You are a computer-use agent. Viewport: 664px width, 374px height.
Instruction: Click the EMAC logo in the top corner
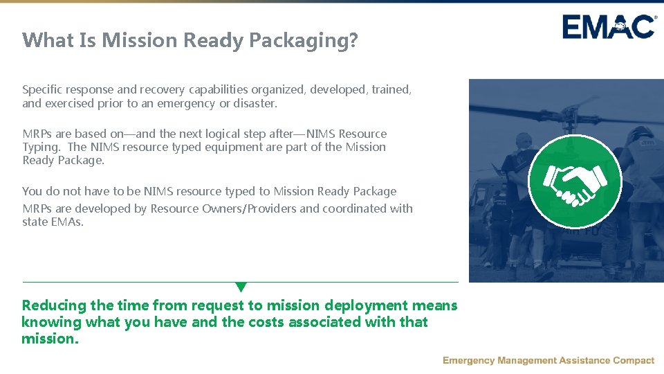609,27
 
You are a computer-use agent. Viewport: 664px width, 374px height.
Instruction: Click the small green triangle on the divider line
241,287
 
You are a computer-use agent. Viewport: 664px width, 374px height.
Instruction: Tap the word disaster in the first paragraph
255,103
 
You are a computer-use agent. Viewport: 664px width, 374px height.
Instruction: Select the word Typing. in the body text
44,147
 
